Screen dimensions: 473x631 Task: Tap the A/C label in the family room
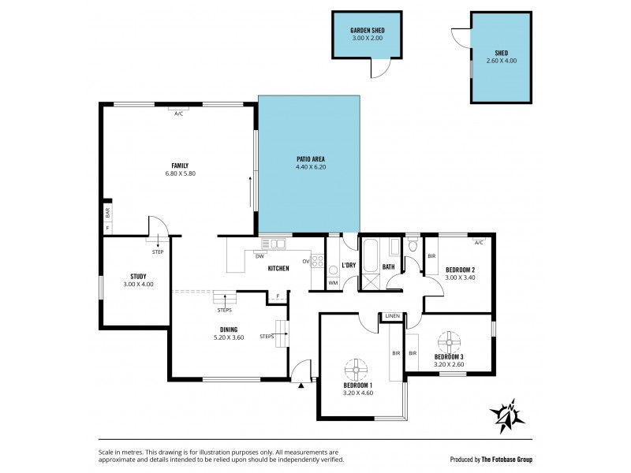click(x=178, y=114)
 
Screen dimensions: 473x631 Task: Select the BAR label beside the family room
click(x=107, y=212)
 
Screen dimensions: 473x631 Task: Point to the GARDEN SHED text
click(x=367, y=31)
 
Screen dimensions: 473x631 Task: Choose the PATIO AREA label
click(x=308, y=159)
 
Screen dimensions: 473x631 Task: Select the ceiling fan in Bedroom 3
click(x=449, y=341)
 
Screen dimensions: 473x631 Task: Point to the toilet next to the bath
click(x=413, y=247)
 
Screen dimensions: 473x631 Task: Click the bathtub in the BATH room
click(x=371, y=253)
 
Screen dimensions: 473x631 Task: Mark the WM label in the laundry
click(x=333, y=282)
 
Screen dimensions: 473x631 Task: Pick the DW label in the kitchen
click(x=259, y=255)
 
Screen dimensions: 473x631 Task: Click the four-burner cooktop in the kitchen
click(x=319, y=261)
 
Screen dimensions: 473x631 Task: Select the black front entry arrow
click(x=301, y=385)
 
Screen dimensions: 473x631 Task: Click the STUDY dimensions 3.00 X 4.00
click(x=139, y=284)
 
